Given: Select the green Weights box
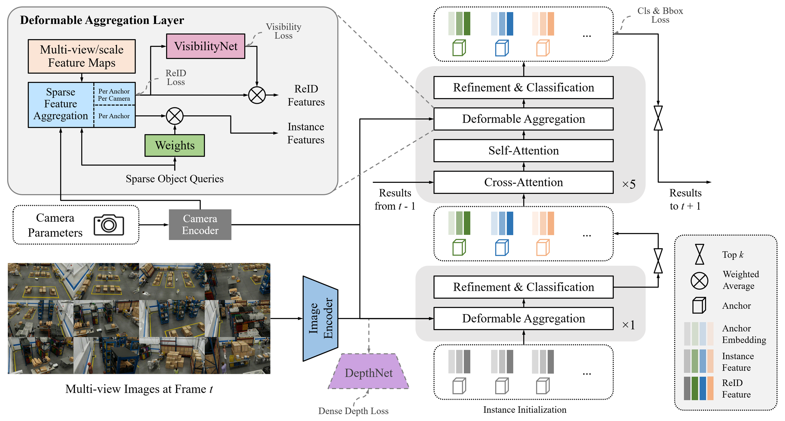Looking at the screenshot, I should pos(175,145).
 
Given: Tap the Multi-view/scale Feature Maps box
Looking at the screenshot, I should pos(82,56).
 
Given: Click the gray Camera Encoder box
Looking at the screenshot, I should pos(200,224).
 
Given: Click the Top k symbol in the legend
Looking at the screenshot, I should pos(699,254).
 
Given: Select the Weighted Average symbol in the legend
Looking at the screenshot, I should pos(699,281).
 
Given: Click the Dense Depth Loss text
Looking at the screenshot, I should pos(353,411).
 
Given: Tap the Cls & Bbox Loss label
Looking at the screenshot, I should pos(660,15).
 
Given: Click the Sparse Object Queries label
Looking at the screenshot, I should pos(175,179).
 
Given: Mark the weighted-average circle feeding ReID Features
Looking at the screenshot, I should pos(257,95).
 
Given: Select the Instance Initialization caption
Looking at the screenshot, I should pos(524,410).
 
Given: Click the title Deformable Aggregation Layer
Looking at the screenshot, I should pos(102,20).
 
